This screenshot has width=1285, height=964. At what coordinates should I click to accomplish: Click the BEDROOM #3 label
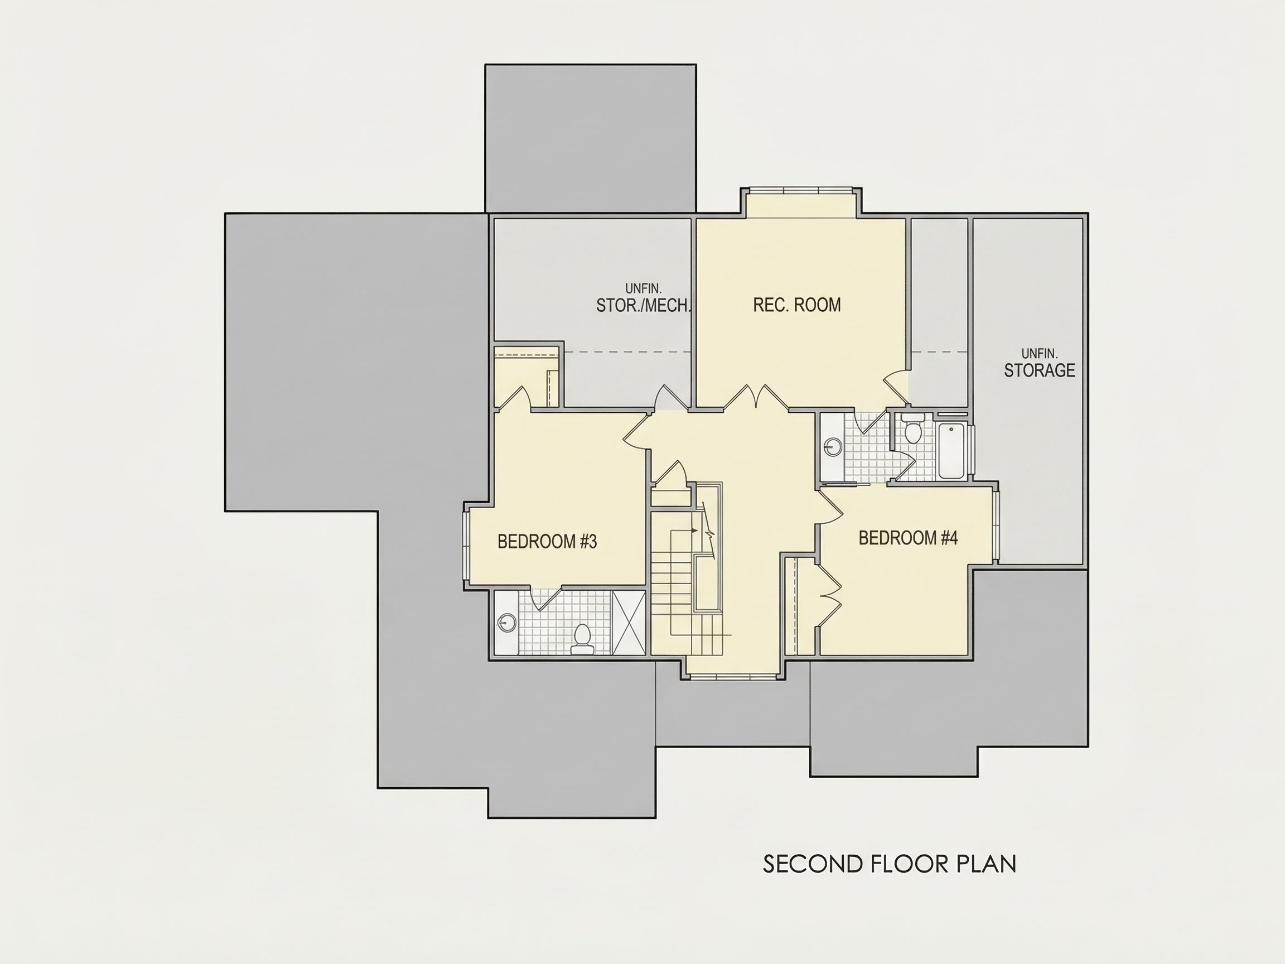[x=547, y=542]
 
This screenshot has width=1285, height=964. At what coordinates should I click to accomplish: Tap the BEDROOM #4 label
[x=908, y=538]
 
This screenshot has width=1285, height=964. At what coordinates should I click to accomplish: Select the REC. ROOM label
[x=796, y=305]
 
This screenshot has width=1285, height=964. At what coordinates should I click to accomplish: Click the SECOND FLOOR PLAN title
[x=890, y=864]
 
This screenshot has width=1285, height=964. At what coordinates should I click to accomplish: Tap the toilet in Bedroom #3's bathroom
[x=582, y=639]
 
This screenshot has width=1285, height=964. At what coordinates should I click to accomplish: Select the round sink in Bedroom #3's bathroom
[x=507, y=623]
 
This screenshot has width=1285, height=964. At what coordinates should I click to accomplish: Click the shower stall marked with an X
[x=629, y=623]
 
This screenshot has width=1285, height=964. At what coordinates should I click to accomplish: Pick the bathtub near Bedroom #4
[x=951, y=451]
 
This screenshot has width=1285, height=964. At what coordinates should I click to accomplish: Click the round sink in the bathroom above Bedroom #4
[x=834, y=447]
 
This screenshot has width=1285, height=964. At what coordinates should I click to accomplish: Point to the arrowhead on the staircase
[x=694, y=531]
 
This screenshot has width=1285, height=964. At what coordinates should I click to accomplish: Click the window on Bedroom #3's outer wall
[x=466, y=545]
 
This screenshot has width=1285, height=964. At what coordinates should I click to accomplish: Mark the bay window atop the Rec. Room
[x=800, y=190]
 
